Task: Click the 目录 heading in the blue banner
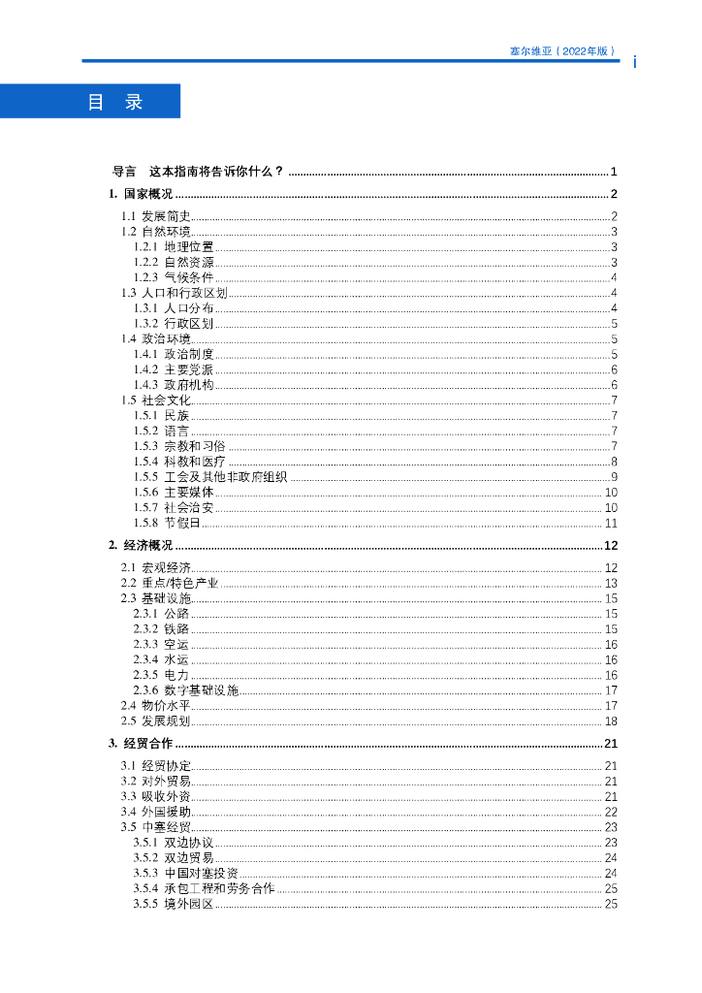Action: click(115, 102)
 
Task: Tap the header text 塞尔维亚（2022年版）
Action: click(562, 50)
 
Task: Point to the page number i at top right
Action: click(634, 62)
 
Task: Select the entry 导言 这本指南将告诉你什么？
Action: click(199, 171)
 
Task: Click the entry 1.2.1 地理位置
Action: click(175, 247)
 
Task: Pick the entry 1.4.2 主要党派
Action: click(175, 369)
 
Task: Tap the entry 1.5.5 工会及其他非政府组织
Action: click(210, 476)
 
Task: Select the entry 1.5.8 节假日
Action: click(168, 523)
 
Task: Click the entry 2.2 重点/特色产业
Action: click(170, 583)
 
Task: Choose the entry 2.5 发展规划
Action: click(156, 721)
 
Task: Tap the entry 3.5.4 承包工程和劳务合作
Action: click(205, 888)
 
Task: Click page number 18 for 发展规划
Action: click(611, 721)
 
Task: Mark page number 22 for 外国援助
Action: click(611, 812)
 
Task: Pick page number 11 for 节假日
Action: click(611, 523)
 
